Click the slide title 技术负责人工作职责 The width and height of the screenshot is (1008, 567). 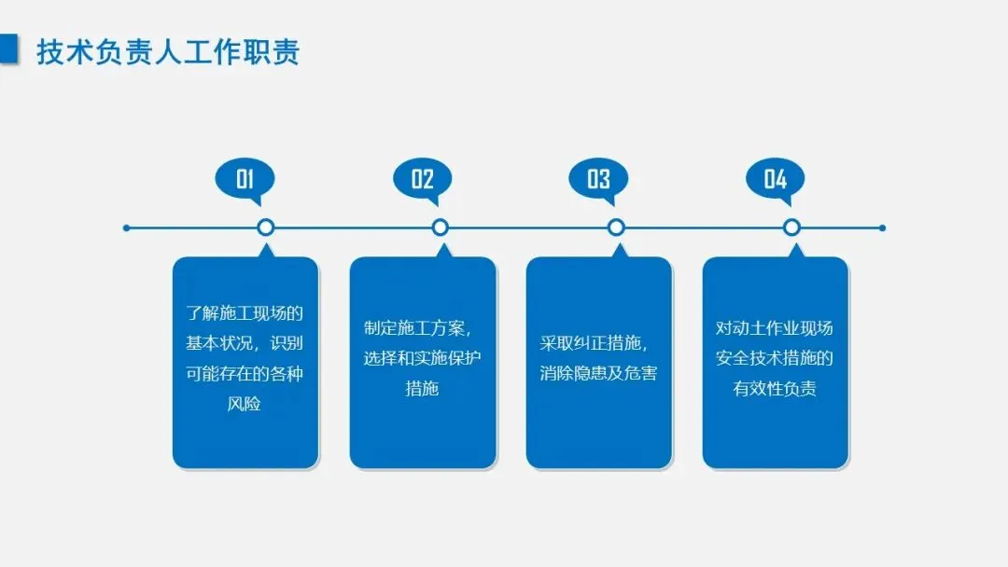(168, 52)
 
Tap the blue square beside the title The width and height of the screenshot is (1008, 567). (9, 49)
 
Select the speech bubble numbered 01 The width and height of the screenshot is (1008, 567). (245, 178)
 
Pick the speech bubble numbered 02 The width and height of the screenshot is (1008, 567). (422, 178)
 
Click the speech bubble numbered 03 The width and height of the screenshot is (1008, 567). (598, 178)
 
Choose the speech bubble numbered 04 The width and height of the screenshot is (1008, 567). (775, 178)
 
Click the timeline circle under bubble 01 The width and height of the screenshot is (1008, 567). (265, 228)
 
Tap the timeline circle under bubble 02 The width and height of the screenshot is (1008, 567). (441, 228)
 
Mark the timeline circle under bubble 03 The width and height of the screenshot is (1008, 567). (616, 228)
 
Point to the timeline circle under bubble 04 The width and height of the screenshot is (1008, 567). (791, 228)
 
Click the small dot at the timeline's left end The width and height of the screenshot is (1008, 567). (127, 228)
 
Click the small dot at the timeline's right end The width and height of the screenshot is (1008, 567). (882, 228)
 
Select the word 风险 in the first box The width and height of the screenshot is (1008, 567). (245, 404)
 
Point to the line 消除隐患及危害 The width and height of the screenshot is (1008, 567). (598, 374)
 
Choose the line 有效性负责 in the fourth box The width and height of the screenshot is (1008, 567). (775, 389)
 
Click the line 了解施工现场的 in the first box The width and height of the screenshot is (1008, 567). (245, 313)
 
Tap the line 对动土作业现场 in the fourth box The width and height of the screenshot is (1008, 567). (775, 328)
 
